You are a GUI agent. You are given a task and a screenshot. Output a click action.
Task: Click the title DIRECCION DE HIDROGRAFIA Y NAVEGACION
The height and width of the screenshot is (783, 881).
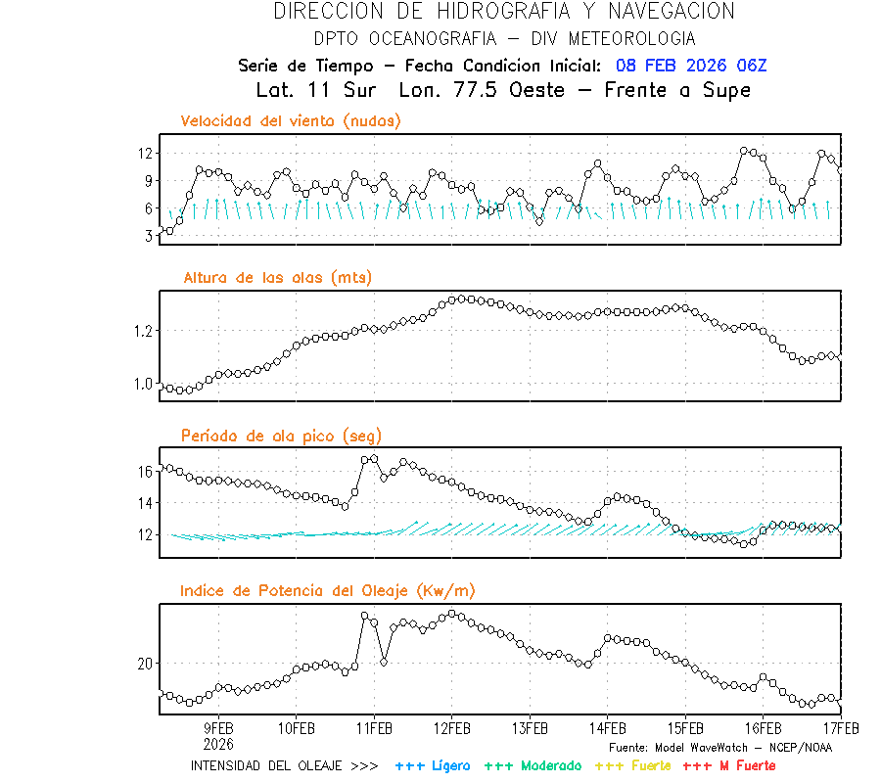(x=504, y=12)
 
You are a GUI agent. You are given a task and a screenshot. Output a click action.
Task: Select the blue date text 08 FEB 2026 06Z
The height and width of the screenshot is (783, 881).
(x=691, y=66)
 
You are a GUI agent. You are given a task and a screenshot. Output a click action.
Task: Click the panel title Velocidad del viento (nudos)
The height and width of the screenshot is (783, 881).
(x=291, y=121)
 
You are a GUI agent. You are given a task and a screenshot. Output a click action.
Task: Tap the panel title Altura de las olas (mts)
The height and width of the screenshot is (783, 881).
(x=277, y=278)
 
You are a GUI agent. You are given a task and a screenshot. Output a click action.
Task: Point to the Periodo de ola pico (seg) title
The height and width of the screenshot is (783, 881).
(x=281, y=436)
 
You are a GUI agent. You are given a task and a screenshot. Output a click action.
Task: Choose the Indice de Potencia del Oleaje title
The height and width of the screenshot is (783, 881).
(x=328, y=590)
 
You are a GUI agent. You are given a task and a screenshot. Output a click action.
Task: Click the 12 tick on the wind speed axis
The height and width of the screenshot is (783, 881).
(x=145, y=154)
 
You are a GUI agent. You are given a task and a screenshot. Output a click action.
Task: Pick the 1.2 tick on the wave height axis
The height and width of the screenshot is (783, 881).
(x=142, y=331)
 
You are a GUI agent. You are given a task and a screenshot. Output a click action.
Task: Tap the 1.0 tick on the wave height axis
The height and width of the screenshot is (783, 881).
(x=142, y=385)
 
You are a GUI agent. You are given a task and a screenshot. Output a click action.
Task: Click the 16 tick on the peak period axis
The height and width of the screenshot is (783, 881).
(x=145, y=471)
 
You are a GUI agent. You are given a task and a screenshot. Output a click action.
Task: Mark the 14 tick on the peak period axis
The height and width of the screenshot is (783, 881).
(x=145, y=503)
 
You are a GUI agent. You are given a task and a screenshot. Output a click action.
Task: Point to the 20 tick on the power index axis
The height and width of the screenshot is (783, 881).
(x=145, y=664)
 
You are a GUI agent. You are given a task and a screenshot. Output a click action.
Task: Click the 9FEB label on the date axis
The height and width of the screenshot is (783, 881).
(x=218, y=728)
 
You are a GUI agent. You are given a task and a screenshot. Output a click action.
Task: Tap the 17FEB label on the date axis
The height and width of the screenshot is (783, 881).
(x=840, y=728)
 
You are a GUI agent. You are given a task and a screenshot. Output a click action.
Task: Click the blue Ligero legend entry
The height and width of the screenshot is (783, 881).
(x=433, y=765)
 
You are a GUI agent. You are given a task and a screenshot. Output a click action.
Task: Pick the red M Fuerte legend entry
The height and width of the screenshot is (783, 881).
(x=728, y=765)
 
